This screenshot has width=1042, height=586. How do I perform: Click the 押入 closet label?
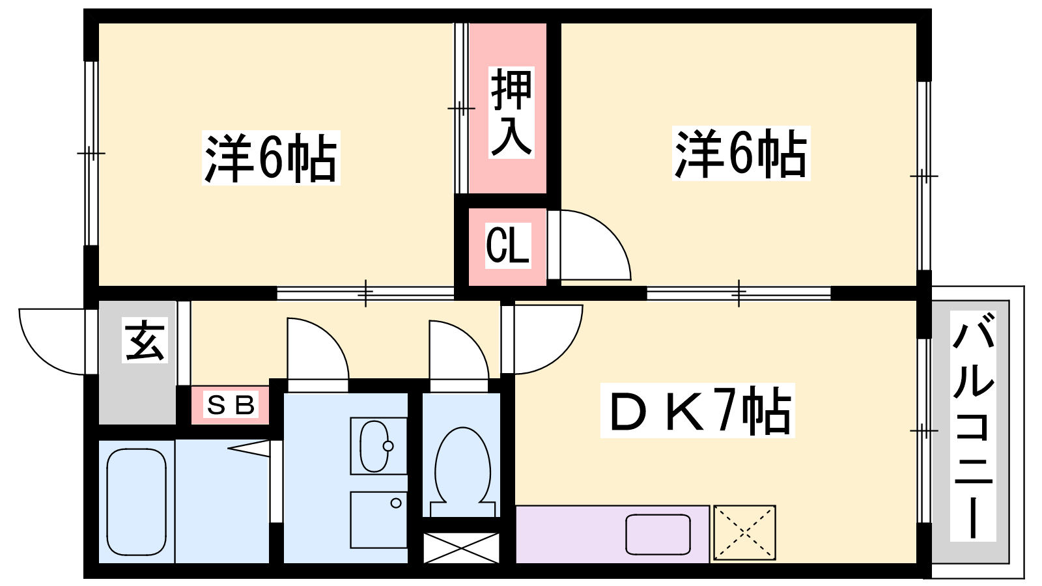point(511,113)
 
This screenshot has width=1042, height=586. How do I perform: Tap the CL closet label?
point(508,245)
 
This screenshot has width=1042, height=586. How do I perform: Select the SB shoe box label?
point(231,404)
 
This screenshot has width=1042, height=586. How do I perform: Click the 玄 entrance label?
point(145,340)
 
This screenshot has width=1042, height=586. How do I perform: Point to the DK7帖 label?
point(697,410)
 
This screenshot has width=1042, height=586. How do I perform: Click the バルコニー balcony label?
point(973,426)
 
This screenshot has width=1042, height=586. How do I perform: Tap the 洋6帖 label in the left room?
point(271,158)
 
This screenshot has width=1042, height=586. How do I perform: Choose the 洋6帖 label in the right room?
point(742,153)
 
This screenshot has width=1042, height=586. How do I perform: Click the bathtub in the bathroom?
point(136,502)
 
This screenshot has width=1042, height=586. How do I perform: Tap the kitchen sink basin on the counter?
point(658,535)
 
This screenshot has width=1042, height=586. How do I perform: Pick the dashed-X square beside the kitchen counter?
point(744,533)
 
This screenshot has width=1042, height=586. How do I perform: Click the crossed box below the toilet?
point(461,548)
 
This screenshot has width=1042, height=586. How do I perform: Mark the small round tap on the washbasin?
point(388,446)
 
